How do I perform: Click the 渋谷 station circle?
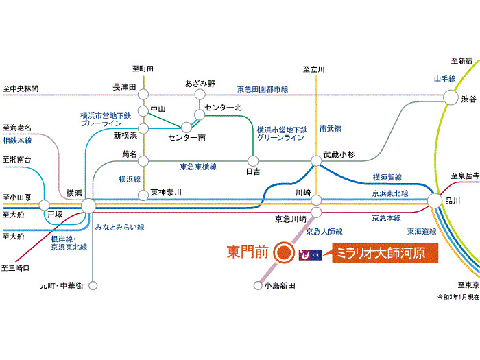[x=451, y=98]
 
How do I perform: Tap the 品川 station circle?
[x=435, y=201]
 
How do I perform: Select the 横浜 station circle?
[x=88, y=204]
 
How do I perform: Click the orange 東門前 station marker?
[x=283, y=252]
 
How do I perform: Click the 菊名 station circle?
[x=144, y=161]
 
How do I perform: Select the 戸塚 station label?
[x=55, y=215]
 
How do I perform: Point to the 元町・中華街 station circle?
[x=92, y=286]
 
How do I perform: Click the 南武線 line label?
[x=330, y=129]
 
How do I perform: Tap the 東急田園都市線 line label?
[x=263, y=89]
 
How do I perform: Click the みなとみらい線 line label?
[x=119, y=226]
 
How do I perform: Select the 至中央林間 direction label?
[x=21, y=89]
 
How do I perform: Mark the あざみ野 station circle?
[x=200, y=95]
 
